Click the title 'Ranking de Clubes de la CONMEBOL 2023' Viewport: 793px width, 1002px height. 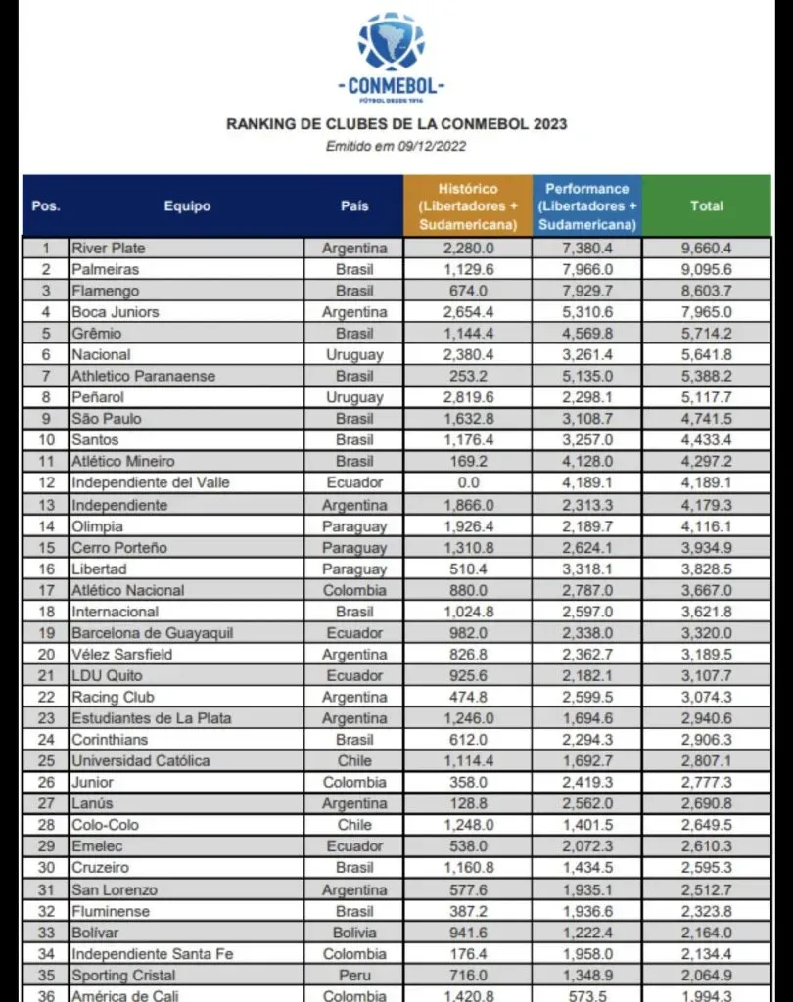pyautogui.click(x=396, y=124)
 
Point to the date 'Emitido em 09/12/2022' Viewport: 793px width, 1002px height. pyautogui.click(x=396, y=146)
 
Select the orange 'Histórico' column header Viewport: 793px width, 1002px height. pyautogui.click(x=467, y=206)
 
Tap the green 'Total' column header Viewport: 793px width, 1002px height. pyautogui.click(x=707, y=206)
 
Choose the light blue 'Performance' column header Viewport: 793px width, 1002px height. pyautogui.click(x=587, y=206)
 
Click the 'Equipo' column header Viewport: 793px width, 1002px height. pyautogui.click(x=187, y=206)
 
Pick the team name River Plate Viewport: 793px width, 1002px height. pyautogui.click(x=108, y=248)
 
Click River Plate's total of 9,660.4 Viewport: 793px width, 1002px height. pyautogui.click(x=707, y=249)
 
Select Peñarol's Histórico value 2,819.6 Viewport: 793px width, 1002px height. pyautogui.click(x=467, y=397)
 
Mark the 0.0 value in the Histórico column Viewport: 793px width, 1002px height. pyautogui.click(x=467, y=482)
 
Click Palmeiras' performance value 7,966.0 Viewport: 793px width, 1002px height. pyautogui.click(x=587, y=269)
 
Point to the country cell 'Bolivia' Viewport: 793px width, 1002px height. pyautogui.click(x=354, y=932)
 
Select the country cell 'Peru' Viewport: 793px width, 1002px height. pyautogui.click(x=354, y=975)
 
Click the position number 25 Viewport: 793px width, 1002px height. pyautogui.click(x=45, y=760)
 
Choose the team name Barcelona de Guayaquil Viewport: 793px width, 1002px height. pyautogui.click(x=152, y=632)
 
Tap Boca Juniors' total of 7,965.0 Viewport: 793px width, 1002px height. pyautogui.click(x=707, y=312)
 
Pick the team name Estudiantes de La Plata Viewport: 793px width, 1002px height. pyautogui.click(x=151, y=717)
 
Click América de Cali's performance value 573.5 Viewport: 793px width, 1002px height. pyautogui.click(x=587, y=995)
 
